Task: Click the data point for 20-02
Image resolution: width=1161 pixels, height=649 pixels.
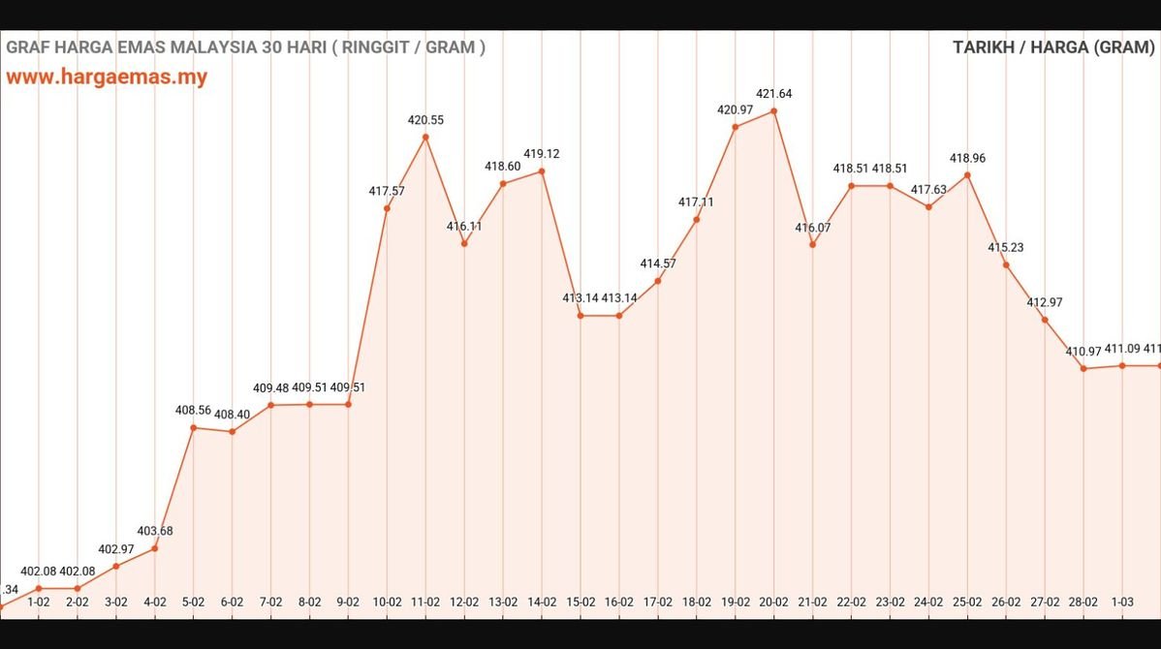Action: click(x=774, y=111)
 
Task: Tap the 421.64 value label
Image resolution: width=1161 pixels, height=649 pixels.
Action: click(x=774, y=94)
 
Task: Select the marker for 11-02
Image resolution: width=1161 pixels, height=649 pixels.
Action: click(x=425, y=137)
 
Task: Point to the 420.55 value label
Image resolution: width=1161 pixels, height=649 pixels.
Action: click(x=425, y=120)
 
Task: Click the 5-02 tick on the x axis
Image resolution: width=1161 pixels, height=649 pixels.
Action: click(x=194, y=602)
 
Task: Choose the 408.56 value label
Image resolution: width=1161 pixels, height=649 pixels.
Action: click(x=193, y=410)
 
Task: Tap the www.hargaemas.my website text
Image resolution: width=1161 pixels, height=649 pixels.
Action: click(x=107, y=77)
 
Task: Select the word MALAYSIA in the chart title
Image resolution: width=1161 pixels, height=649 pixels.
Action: click(x=208, y=47)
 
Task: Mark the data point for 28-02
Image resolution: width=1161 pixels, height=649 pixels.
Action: click(x=1083, y=368)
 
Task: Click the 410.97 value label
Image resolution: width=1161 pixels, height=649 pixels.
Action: click(x=1083, y=352)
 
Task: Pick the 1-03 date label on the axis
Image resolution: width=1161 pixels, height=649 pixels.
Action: click(x=1122, y=602)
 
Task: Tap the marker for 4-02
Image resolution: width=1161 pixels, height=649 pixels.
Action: click(x=155, y=548)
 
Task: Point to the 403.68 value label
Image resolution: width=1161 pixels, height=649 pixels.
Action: click(x=155, y=531)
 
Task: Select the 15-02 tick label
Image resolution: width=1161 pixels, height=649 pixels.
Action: click(x=580, y=602)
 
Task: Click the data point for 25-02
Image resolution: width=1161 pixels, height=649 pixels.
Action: click(x=967, y=175)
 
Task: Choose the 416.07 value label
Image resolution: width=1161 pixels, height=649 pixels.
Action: click(x=813, y=228)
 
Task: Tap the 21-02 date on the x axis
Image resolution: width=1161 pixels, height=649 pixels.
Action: click(x=813, y=602)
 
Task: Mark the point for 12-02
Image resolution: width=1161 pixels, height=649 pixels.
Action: click(x=464, y=243)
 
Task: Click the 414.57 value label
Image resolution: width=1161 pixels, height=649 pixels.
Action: click(x=658, y=263)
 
